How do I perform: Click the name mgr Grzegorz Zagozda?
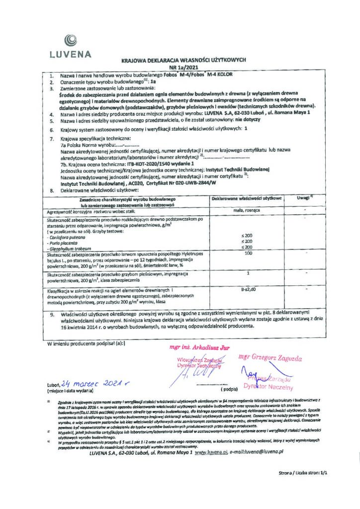pos(270,357)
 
